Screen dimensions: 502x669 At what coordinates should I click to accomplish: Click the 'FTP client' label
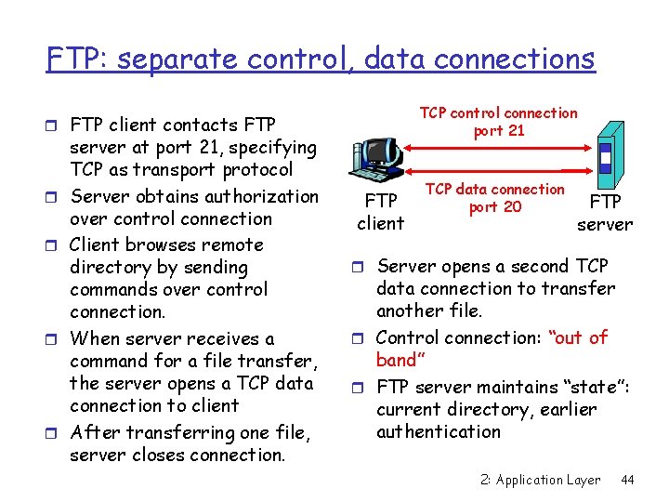381,212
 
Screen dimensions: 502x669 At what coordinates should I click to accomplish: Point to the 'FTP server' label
605,212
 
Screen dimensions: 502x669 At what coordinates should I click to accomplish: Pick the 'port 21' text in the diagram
499,131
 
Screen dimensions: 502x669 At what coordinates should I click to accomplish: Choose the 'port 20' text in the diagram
495,206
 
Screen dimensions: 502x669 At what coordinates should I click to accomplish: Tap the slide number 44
627,480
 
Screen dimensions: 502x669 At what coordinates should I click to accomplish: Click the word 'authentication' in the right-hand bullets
439,432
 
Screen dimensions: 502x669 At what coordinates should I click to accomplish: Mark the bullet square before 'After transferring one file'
56,432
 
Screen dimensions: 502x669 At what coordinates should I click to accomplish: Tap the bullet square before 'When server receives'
56,338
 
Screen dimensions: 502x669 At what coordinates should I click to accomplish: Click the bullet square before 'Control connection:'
361,337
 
